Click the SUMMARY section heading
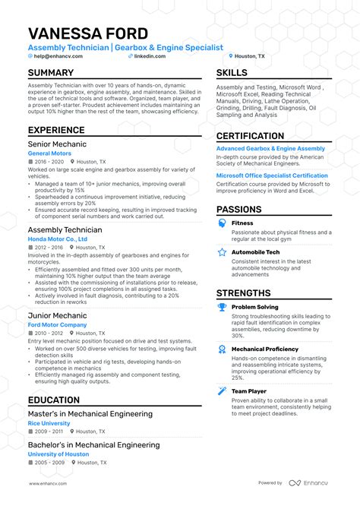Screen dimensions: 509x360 51,73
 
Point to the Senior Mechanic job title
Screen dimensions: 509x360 57,144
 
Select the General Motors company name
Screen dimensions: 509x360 49,153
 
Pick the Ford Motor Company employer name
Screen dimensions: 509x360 57,324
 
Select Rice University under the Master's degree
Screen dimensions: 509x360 49,423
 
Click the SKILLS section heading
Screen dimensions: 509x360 232,73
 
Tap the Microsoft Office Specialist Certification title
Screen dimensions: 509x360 272,175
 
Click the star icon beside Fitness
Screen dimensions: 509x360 222,223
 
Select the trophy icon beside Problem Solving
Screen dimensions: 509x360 222,308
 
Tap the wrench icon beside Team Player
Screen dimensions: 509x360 222,391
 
